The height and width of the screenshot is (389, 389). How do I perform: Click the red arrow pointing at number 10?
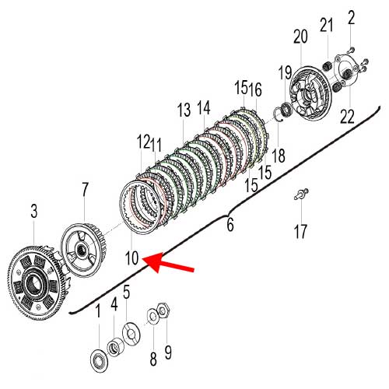pos(169,262)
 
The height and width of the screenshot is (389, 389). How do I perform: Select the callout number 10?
pos(131,258)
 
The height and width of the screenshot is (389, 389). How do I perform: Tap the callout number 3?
pos(34,211)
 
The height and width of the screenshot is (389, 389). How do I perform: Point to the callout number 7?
pos(85,190)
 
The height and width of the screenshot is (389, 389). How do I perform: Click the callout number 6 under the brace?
pos(230,224)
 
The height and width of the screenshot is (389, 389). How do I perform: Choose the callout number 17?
pos(300,231)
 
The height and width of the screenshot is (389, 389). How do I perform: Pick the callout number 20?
pos(300,37)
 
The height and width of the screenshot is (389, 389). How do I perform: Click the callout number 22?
pos(347,116)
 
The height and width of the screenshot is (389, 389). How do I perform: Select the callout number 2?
pos(351,17)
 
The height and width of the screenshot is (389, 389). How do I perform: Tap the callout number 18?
pos(279,156)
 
